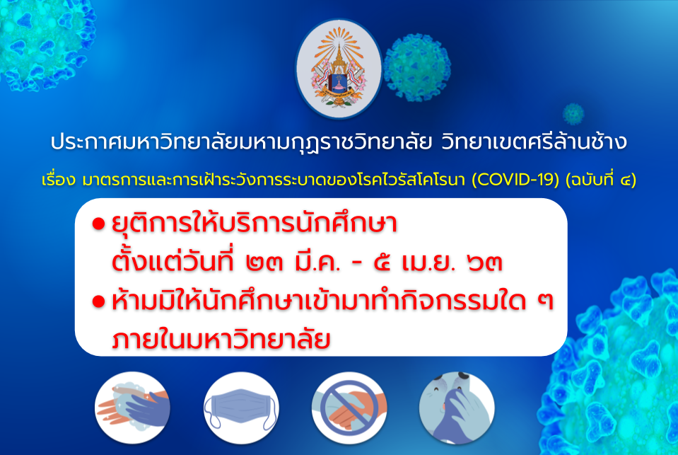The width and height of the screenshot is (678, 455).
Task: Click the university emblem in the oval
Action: tap(339, 68)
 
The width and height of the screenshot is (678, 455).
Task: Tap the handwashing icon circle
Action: tap(132, 408)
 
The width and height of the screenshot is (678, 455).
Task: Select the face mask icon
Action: tap(241, 408)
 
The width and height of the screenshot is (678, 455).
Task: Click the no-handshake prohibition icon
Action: tap(349, 408)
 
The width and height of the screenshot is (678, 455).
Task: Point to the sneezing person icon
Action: tap(457, 408)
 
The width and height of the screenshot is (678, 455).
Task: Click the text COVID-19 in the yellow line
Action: tap(515, 179)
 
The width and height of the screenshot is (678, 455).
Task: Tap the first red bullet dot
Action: tap(98, 224)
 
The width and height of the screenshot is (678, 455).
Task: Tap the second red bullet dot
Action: tap(98, 301)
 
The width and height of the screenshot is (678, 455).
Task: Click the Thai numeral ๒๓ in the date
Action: tap(264, 263)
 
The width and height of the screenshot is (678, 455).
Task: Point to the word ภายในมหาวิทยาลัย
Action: tap(221, 340)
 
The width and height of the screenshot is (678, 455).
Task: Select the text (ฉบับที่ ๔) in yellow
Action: tap(601, 179)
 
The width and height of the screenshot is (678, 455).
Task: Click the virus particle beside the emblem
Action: tap(417, 67)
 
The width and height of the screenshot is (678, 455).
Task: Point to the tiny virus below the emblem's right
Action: tap(573, 115)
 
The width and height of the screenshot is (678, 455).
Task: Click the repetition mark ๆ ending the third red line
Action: tap(545, 301)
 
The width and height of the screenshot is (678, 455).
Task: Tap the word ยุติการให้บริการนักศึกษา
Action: tap(255, 224)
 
